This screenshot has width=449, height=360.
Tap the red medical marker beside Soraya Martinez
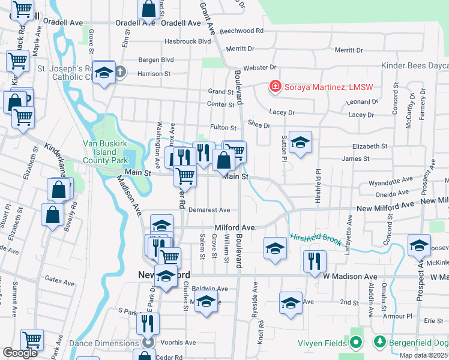[276, 87]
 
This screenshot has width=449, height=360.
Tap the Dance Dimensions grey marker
[147, 343]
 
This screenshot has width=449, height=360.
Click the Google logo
[20, 353]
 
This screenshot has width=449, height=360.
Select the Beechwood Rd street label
[242, 31]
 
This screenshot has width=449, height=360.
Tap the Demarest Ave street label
[209, 210]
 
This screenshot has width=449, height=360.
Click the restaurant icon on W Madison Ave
[315, 261]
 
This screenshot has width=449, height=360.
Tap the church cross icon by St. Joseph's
[119, 73]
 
